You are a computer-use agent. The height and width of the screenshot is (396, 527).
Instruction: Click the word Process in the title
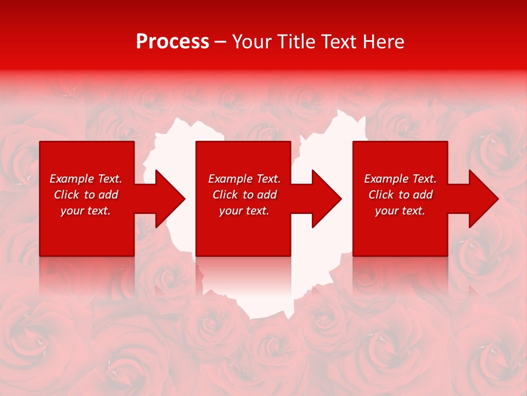pos(172,42)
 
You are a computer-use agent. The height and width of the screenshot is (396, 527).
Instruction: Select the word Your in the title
pos(250,42)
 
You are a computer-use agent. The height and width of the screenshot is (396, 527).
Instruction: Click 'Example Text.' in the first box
pos(86,179)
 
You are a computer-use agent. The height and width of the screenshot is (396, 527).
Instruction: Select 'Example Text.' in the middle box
pos(244,179)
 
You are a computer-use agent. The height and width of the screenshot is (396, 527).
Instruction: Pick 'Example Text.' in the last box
pos(400,179)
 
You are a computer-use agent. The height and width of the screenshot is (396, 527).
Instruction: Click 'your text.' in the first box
pos(86,211)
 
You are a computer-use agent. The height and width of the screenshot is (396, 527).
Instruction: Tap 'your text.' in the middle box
pos(244,211)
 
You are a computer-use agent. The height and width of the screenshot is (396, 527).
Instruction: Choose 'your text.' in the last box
pos(400,211)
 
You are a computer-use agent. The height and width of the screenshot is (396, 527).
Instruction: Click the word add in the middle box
pos(266,195)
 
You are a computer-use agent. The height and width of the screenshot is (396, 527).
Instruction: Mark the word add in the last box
pos(422,195)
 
